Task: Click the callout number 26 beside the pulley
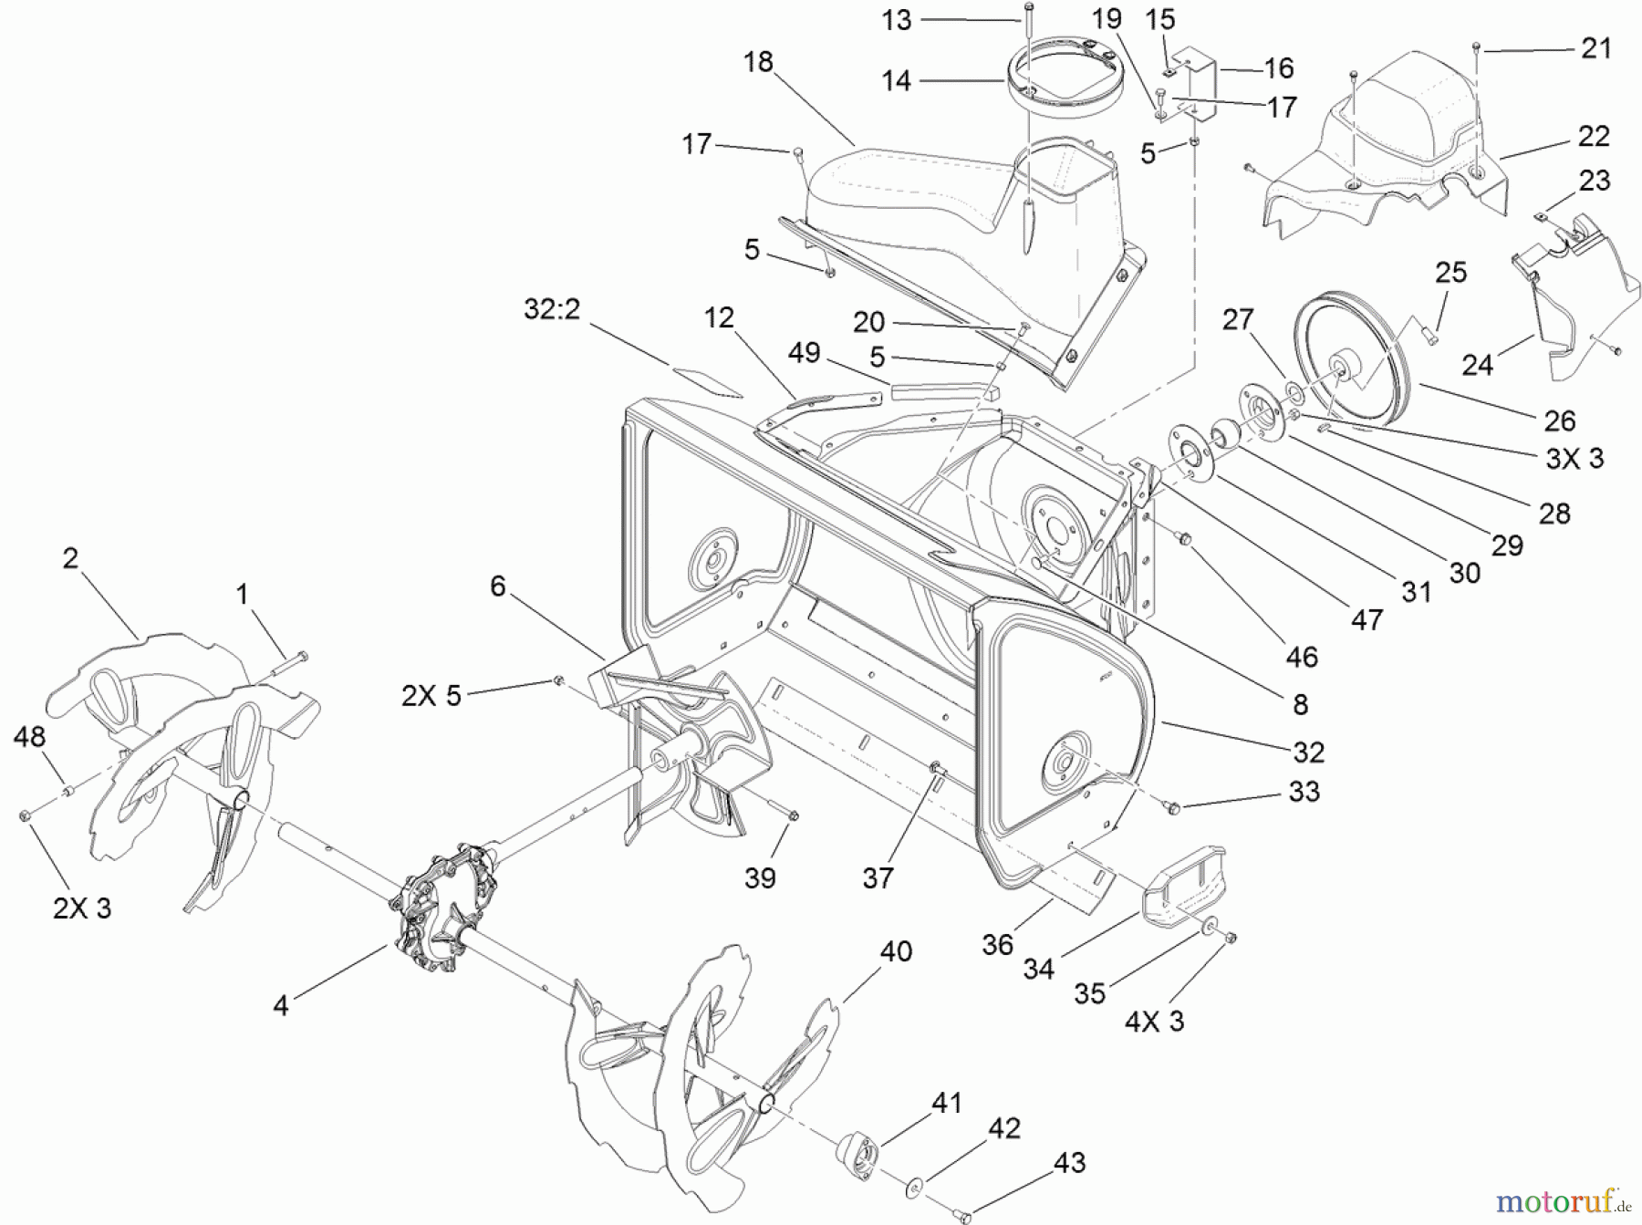[x=1559, y=420]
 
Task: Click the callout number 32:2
[x=551, y=309]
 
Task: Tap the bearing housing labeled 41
[x=856, y=1148]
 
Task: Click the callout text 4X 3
[x=1154, y=1021]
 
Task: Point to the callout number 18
[x=758, y=62]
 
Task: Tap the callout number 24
[x=1477, y=365]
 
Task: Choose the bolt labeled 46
[x=1184, y=539]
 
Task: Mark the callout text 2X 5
[x=431, y=696]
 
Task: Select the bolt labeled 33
[x=1171, y=806]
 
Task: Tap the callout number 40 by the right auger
[x=896, y=951]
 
